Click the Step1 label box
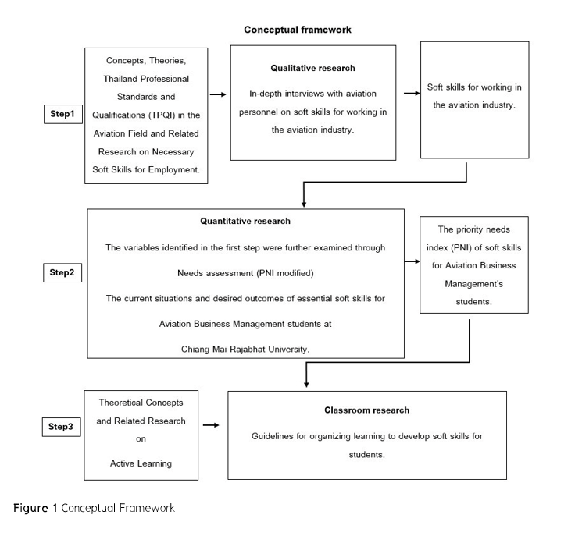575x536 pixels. [x=62, y=115]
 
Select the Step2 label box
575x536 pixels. [x=62, y=272]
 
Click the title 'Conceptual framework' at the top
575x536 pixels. [x=298, y=30]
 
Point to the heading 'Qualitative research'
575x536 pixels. [x=312, y=68]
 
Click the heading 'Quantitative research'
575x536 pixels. [x=245, y=221]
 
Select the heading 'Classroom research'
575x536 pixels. [x=366, y=410]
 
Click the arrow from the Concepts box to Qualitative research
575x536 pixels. [x=219, y=94]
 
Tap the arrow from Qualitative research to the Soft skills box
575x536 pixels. [x=410, y=94]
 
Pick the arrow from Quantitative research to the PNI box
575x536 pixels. [x=412, y=261]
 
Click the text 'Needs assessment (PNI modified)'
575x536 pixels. [x=245, y=274]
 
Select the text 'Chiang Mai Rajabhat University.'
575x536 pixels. [x=245, y=349]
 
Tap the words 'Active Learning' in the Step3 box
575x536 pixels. [x=141, y=463]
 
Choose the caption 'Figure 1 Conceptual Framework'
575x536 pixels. [x=94, y=508]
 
